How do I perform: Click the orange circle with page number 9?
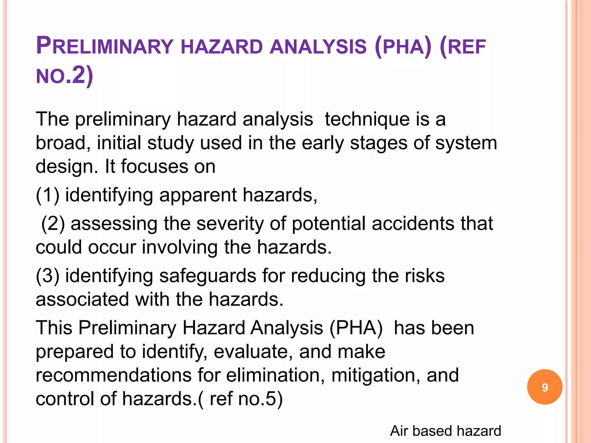pos(545,387)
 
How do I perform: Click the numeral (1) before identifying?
pos(48,195)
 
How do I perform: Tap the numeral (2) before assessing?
pos(53,224)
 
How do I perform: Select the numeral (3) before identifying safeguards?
pos(48,276)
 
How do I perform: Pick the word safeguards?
pos(207,276)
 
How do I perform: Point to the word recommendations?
pos(113,375)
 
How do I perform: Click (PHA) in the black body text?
pos(356,328)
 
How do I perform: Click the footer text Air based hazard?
pos(445,431)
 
